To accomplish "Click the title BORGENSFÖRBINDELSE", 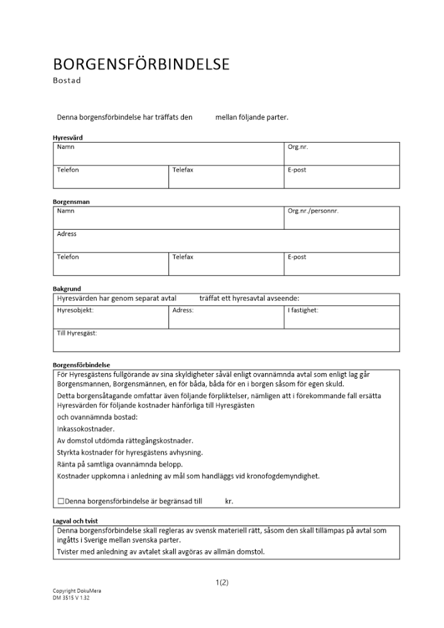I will (141, 64).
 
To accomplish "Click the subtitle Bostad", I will (67, 80).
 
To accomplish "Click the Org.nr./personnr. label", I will (313, 211).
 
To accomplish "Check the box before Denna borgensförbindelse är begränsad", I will (60, 501).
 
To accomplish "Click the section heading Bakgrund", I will (67, 289).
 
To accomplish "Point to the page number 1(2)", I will (222, 582).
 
